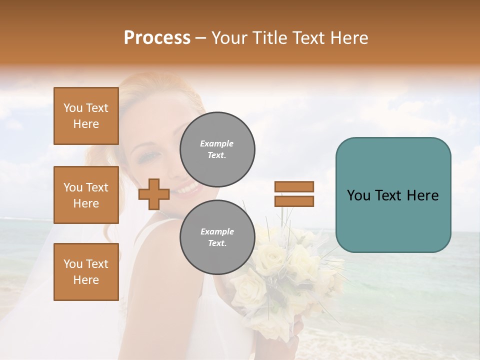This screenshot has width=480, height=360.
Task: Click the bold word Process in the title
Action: point(157,38)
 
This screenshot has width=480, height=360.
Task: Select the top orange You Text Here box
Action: point(86,116)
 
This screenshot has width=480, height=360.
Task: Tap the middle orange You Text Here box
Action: point(86,195)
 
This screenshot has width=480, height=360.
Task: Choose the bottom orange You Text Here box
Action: point(86,271)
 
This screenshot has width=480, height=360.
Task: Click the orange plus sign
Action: point(154,194)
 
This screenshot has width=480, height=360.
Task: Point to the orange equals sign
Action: point(294,194)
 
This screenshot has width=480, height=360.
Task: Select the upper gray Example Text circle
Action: point(217,149)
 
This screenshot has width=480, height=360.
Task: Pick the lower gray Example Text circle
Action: point(217,237)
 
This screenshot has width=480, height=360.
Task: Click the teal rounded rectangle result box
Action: point(393,195)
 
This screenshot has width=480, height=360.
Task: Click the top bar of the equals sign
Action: point(294,186)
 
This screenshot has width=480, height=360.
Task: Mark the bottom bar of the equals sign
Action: point(294,201)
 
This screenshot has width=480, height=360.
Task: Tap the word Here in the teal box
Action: point(422,195)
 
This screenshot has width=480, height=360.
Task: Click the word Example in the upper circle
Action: point(217,143)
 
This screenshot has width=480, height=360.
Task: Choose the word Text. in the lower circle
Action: point(217,243)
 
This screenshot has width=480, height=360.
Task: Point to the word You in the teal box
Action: point(358,195)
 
